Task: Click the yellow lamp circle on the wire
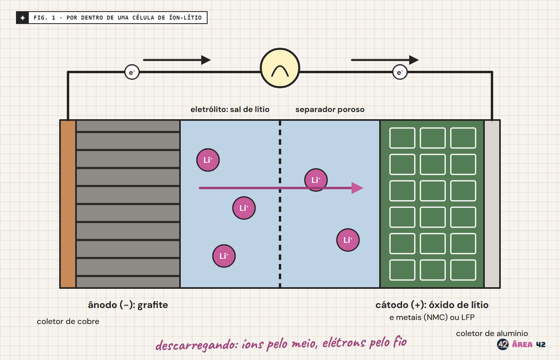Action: (280, 68)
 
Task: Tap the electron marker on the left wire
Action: (132, 72)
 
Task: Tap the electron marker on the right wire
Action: (400, 72)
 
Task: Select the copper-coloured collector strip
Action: (68, 204)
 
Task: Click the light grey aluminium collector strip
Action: (492, 204)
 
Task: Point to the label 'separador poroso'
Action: (330, 110)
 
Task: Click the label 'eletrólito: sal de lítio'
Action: (230, 110)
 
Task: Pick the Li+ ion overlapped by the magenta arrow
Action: (316, 180)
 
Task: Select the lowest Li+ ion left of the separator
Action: (224, 256)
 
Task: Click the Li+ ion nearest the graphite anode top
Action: (208, 160)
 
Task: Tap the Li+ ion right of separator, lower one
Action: (348, 240)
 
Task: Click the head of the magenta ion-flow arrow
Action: (358, 188)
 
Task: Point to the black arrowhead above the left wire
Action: (206, 60)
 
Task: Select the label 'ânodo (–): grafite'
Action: (128, 305)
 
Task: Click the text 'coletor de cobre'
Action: (68, 321)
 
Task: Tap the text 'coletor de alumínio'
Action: (492, 333)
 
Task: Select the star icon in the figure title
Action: (22, 18)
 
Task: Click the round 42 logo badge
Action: (502, 344)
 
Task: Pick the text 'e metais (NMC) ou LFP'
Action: (432, 318)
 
